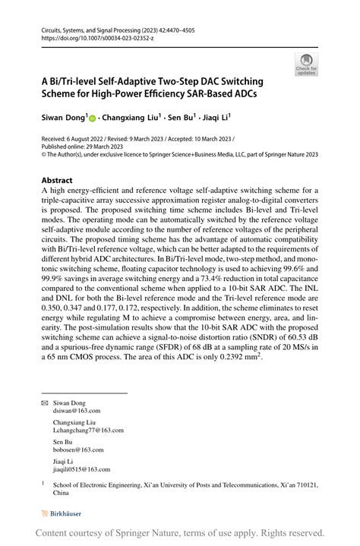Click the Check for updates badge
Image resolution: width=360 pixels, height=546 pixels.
(x=306, y=64)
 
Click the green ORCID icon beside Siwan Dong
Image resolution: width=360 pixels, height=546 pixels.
(x=93, y=119)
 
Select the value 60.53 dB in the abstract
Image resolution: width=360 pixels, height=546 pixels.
(x=288, y=338)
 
